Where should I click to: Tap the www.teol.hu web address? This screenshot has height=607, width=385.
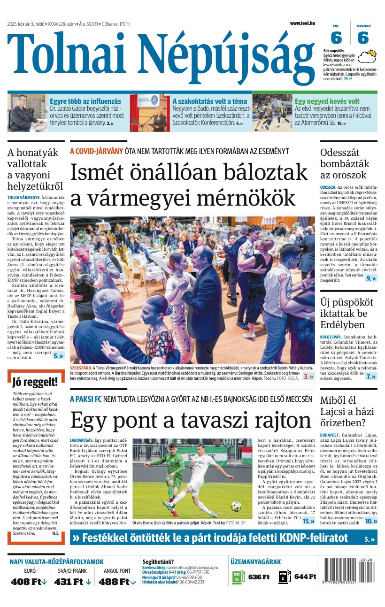click(x=302, y=23)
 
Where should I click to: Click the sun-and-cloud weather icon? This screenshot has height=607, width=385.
click(x=367, y=57)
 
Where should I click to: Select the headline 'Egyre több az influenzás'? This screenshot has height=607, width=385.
click(x=85, y=101)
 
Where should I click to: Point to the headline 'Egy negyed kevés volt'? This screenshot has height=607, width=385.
click(x=327, y=101)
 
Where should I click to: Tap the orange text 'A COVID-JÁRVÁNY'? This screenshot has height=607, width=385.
click(x=96, y=151)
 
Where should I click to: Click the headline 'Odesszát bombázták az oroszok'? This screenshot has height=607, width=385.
click(x=345, y=163)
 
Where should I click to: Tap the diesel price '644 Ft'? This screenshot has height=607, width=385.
click(x=305, y=576)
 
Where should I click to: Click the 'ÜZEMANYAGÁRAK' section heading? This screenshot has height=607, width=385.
click(x=255, y=561)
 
